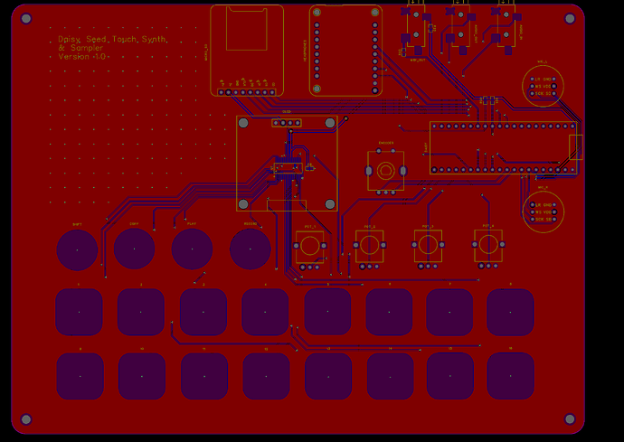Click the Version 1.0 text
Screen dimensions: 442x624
tap(82, 56)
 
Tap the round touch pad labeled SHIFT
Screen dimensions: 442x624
tap(77, 249)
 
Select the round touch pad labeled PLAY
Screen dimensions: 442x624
tap(192, 249)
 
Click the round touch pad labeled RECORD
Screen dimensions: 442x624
tap(251, 249)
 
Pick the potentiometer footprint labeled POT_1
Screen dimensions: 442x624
tap(309, 246)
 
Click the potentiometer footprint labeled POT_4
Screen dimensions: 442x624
tap(487, 244)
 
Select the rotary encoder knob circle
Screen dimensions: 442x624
tap(385, 171)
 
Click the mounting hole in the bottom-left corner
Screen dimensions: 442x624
tap(26, 419)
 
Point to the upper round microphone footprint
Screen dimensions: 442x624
tap(543, 86)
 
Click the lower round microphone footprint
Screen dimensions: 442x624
tap(543, 212)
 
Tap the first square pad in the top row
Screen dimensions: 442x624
tap(79, 313)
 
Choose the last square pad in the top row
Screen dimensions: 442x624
tap(510, 313)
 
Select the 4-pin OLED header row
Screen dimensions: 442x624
tap(287, 123)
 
